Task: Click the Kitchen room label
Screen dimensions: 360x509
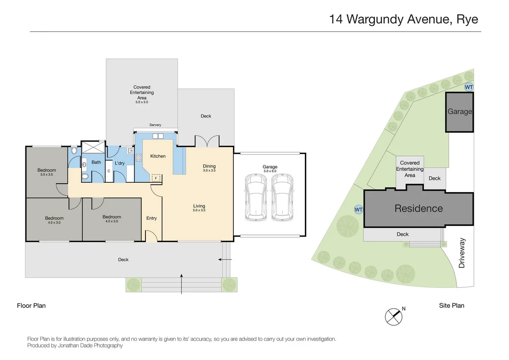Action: click(158, 156)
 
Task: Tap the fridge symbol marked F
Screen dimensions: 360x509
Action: click(156, 179)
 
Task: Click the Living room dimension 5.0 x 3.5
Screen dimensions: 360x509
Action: click(199, 210)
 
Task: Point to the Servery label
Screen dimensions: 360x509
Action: click(155, 125)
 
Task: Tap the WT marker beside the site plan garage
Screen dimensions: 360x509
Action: click(469, 87)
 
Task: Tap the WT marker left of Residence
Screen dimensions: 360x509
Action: click(358, 209)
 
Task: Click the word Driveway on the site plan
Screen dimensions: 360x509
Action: click(462, 253)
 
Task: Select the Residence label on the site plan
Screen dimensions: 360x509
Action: click(418, 208)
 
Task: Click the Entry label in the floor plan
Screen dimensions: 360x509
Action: click(151, 218)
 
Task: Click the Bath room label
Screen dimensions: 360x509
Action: click(96, 162)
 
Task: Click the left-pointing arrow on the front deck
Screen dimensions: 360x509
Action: click(225, 260)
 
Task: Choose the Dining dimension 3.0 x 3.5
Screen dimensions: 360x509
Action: click(209, 170)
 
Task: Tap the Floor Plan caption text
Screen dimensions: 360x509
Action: click(31, 305)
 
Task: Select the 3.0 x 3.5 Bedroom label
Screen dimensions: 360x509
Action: click(48, 175)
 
